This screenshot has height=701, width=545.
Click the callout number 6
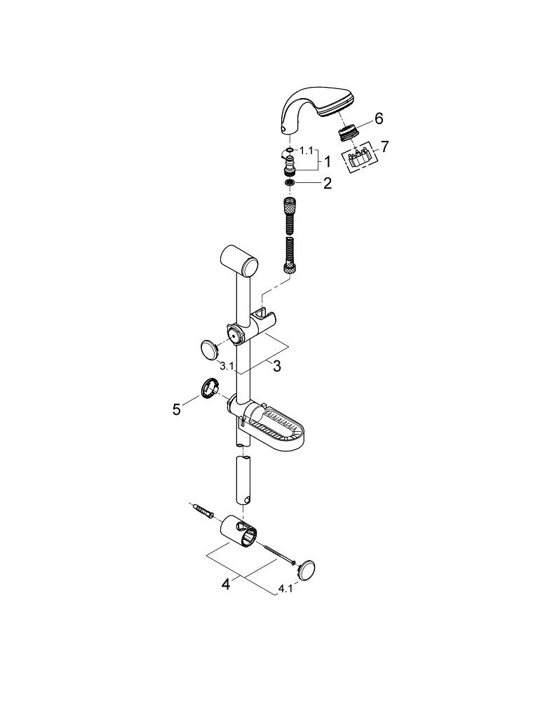(x=378, y=118)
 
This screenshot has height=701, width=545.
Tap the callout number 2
(x=326, y=184)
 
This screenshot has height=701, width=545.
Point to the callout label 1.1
(x=307, y=150)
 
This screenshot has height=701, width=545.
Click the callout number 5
(x=177, y=409)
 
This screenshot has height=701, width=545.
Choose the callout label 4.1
(x=285, y=590)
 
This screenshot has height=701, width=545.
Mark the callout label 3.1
(x=226, y=365)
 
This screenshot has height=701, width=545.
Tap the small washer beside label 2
(x=289, y=183)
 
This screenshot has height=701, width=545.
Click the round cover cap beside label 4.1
(x=307, y=569)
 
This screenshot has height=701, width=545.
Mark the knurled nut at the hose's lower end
(x=289, y=266)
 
